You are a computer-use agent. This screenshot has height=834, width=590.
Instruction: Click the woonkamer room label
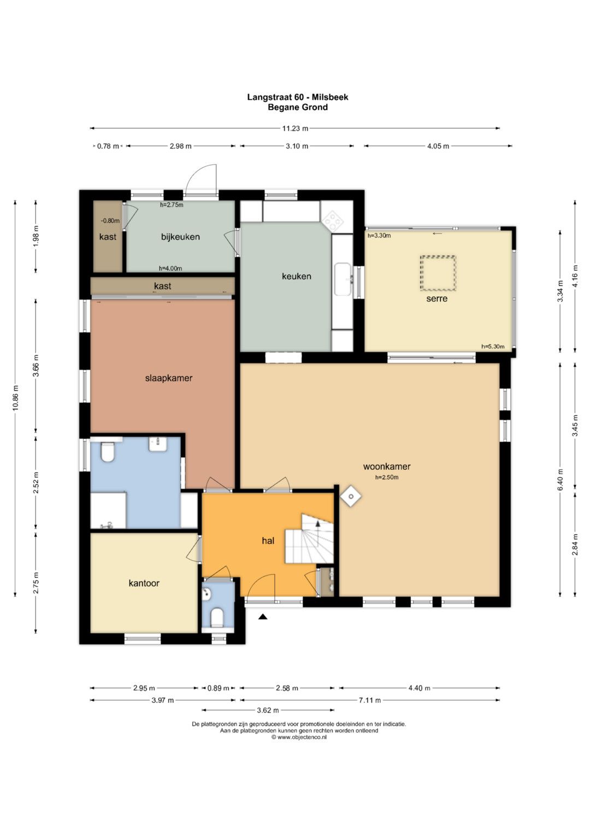pyautogui.click(x=387, y=466)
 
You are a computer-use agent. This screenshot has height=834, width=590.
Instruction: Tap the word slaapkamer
pyautogui.click(x=169, y=378)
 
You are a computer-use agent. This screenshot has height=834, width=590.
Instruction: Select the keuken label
pyautogui.click(x=297, y=276)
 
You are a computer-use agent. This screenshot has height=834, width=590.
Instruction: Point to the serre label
pyautogui.click(x=437, y=299)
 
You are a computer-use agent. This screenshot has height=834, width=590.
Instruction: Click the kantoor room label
pyautogui.click(x=144, y=583)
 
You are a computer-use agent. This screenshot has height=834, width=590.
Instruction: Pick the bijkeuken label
pyautogui.click(x=180, y=237)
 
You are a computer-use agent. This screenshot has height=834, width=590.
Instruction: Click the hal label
pyautogui.click(x=268, y=541)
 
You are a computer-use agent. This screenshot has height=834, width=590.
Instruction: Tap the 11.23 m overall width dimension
pyautogui.click(x=296, y=128)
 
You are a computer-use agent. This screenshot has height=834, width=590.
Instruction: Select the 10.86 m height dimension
pyautogui.click(x=15, y=398)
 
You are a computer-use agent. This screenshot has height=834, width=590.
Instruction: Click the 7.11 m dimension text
pyautogui.click(x=370, y=700)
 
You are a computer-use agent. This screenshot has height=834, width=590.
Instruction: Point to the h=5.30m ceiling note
pyautogui.click(x=493, y=346)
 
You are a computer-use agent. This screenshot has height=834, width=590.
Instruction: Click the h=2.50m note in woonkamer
pyautogui.click(x=387, y=477)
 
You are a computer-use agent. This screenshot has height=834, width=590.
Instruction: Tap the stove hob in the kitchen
pyautogui.click(x=333, y=220)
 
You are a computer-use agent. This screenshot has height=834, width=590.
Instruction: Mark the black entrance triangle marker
pyautogui.click(x=263, y=617)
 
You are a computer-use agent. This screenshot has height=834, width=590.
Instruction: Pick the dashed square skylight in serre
pyautogui.click(x=438, y=273)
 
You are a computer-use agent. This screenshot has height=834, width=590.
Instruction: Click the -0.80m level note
pyautogui.click(x=110, y=221)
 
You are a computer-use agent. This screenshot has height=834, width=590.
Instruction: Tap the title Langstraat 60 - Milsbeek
pyautogui.click(x=298, y=97)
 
